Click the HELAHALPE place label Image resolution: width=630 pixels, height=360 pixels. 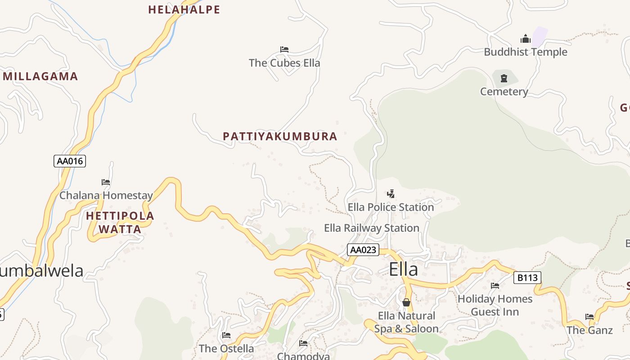(x=184, y=9)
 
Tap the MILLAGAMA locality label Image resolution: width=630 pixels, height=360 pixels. (x=40, y=76)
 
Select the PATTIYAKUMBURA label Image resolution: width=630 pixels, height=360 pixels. (x=280, y=136)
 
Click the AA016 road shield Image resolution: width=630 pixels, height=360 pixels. (x=70, y=161)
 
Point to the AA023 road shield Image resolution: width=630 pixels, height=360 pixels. (x=363, y=250)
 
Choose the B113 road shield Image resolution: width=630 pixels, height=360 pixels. (x=527, y=278)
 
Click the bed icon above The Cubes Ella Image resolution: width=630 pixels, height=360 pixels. (x=284, y=49)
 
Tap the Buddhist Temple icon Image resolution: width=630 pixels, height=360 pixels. (x=526, y=39)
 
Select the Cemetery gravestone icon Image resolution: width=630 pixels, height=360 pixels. (x=504, y=78)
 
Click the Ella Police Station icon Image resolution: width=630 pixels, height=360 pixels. (x=391, y=194)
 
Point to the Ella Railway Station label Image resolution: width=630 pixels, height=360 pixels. (x=372, y=228)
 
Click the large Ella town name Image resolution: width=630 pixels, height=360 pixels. (x=403, y=270)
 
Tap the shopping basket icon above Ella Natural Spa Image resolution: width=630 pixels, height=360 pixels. (x=406, y=302)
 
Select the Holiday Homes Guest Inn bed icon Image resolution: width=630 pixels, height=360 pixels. (x=495, y=285)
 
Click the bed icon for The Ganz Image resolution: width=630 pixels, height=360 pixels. (x=589, y=317)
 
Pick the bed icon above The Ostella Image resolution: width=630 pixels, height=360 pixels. (x=226, y=335)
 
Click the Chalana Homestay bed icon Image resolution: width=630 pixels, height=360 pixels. (x=106, y=182)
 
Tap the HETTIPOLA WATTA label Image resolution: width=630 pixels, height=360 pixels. (x=120, y=222)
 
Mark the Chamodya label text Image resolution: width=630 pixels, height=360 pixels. (x=303, y=356)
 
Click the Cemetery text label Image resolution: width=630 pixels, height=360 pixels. (x=504, y=92)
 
